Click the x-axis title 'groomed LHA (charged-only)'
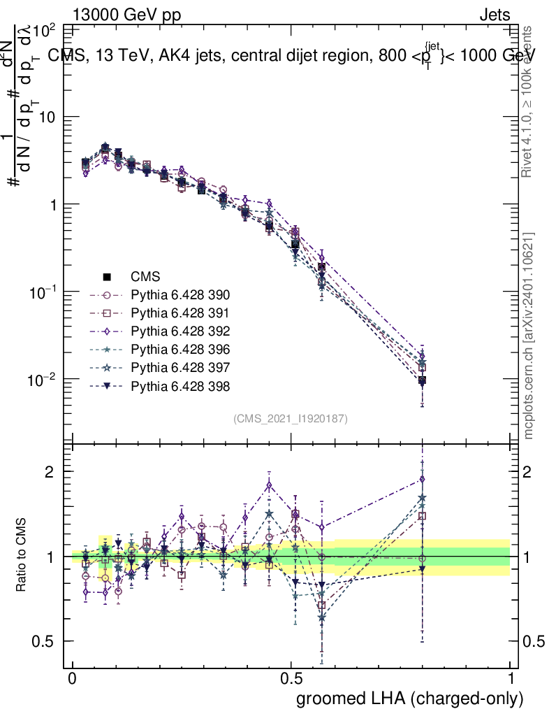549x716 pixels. (410, 699)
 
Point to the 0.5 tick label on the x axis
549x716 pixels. (291, 679)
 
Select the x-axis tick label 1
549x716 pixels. (511, 679)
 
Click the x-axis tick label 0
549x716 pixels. (72, 679)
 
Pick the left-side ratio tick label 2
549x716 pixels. (53, 471)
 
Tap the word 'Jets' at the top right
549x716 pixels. (495, 14)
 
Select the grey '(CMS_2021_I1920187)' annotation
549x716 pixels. (291, 419)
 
